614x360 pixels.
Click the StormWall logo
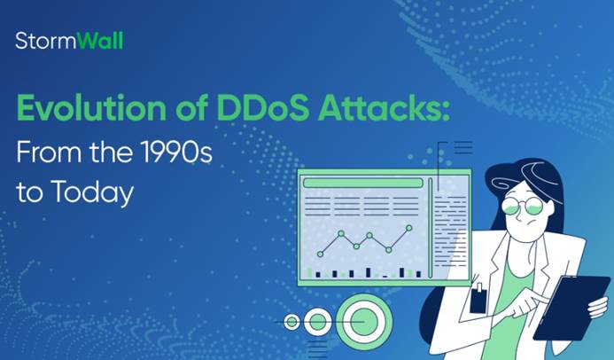(x=69, y=41)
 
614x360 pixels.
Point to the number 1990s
(x=176, y=152)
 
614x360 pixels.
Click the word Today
(x=92, y=192)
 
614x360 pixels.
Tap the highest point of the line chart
(x=408, y=228)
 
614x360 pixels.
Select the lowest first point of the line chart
(x=321, y=254)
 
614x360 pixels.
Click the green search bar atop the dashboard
(x=363, y=183)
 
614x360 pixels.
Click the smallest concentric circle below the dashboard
(x=291, y=322)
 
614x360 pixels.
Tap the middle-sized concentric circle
(x=317, y=322)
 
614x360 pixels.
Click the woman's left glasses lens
(x=510, y=205)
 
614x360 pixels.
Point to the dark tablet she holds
(x=572, y=308)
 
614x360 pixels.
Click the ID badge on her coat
(x=478, y=298)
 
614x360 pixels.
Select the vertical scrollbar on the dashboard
(x=431, y=228)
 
